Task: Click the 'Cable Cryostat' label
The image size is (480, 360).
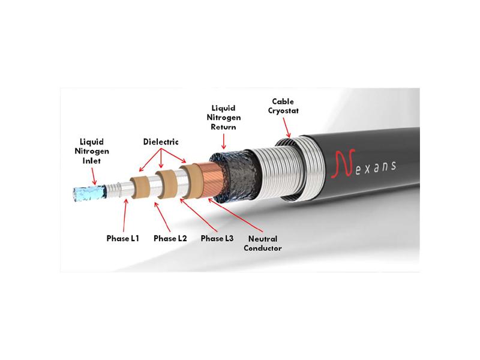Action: coord(283,106)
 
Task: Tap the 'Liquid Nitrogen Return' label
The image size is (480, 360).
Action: coord(223,118)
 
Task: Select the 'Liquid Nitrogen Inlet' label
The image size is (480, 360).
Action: coord(92,151)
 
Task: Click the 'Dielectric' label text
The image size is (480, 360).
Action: coord(161,142)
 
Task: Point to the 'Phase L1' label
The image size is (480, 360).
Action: coord(123,238)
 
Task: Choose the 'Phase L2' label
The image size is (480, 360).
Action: coord(170,238)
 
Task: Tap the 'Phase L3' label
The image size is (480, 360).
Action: coord(217,238)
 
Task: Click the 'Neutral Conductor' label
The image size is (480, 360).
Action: coord(263,244)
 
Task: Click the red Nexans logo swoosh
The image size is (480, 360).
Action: coord(343,163)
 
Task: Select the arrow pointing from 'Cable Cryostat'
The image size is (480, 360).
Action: coord(286,128)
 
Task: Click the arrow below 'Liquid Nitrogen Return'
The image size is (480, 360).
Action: coord(223,142)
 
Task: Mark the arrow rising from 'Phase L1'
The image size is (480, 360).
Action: coord(125,215)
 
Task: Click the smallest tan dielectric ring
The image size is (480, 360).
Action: coord(140,187)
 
